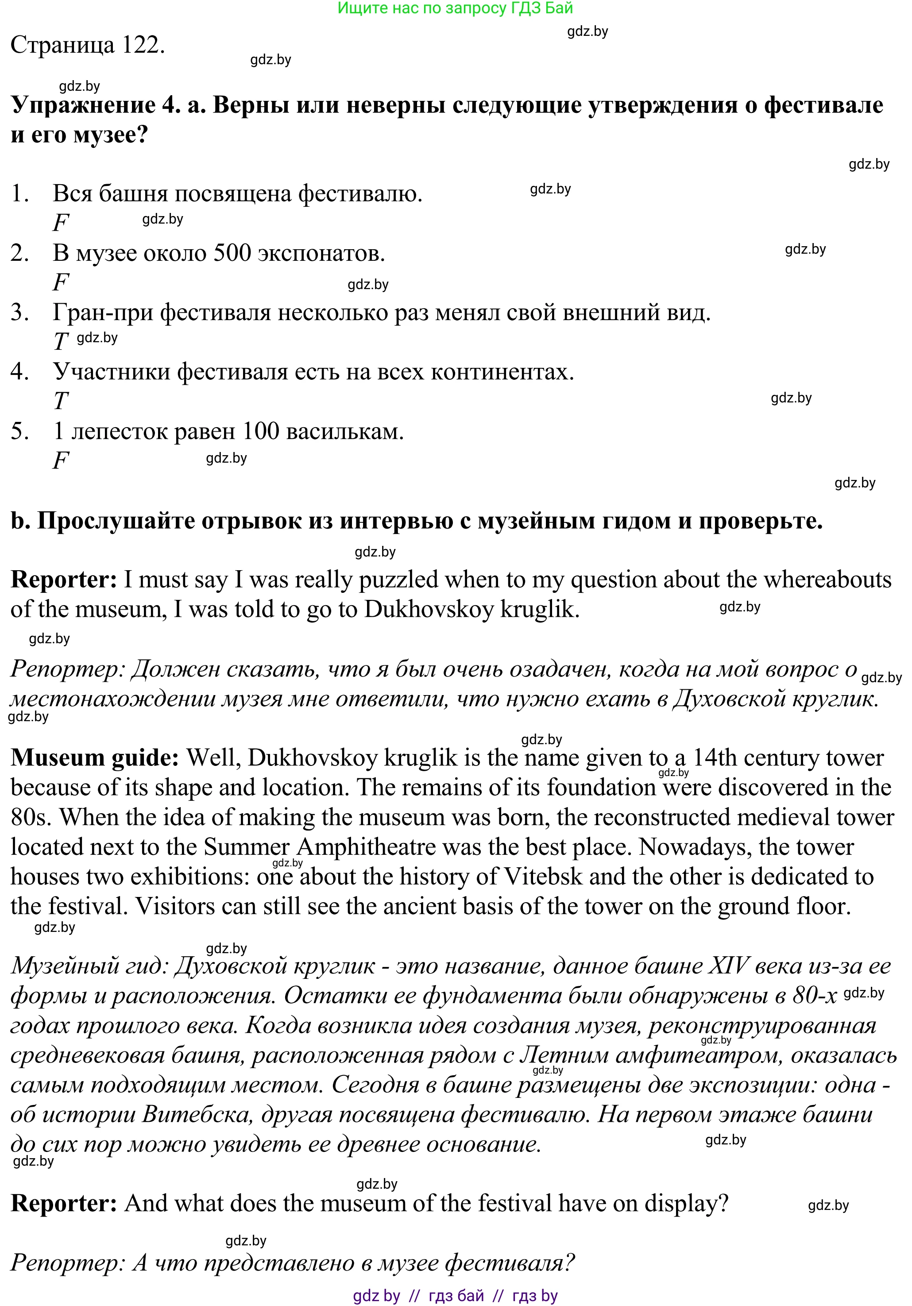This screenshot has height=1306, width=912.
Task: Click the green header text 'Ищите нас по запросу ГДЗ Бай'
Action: point(455,8)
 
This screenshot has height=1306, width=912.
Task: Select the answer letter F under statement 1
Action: point(60,222)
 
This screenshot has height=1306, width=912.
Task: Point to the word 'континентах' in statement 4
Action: point(502,371)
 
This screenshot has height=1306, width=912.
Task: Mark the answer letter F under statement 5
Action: point(60,460)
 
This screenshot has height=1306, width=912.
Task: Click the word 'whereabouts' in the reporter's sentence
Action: point(827,580)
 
